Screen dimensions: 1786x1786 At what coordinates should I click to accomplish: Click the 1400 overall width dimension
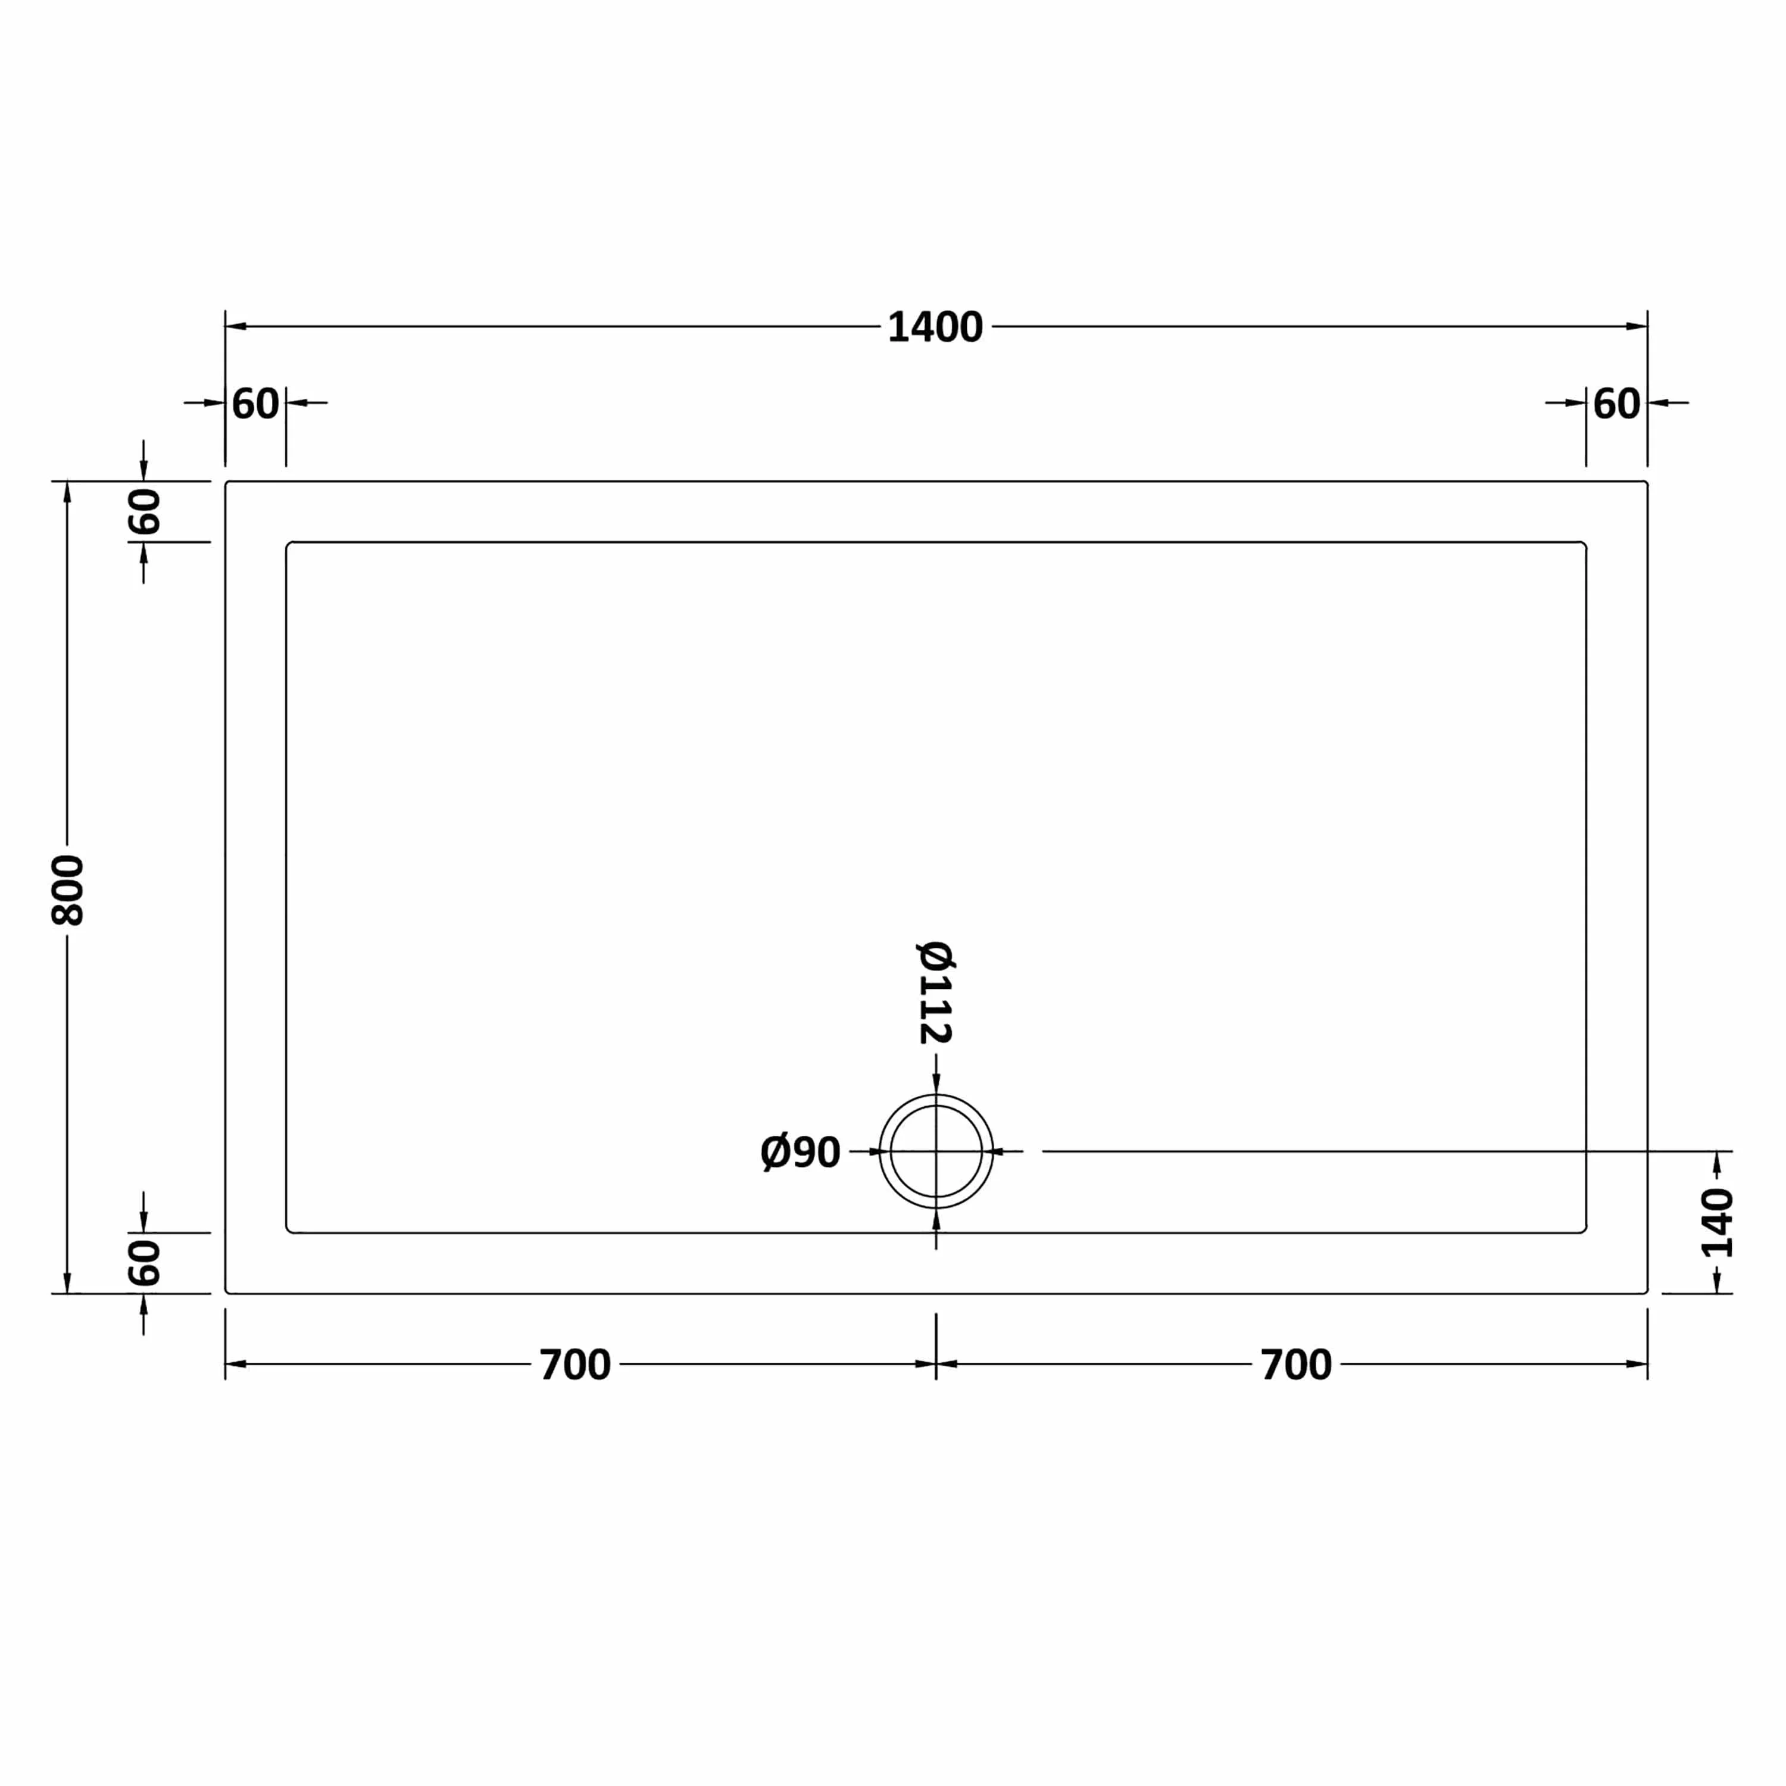tap(935, 327)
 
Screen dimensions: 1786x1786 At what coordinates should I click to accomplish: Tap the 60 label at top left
tap(255, 404)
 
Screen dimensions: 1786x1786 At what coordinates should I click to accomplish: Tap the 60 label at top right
tap(1617, 404)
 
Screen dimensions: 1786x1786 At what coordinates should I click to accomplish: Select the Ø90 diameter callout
tap(800, 1153)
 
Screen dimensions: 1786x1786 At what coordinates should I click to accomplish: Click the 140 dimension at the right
tap(1717, 1223)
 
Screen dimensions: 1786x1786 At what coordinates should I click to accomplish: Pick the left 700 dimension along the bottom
tap(575, 1365)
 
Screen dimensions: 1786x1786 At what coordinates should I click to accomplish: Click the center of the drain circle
tap(935, 1151)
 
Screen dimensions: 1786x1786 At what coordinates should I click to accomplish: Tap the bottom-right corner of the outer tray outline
tap(1647, 1292)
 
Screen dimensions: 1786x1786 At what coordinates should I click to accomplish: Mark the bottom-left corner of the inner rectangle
tap(288, 1231)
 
